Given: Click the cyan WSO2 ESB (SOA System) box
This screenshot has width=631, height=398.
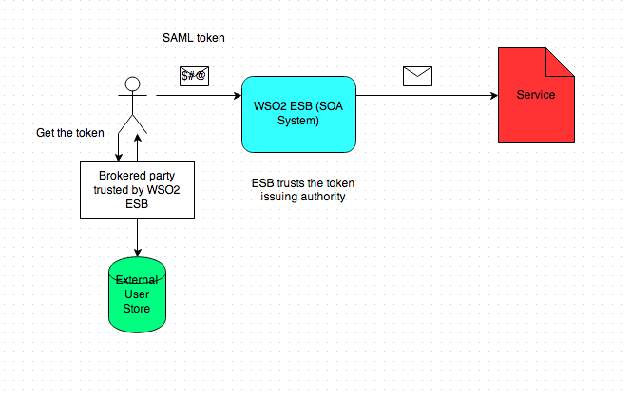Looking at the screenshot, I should coord(299,113).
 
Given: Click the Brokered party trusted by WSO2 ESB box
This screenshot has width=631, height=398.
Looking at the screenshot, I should coord(138,189).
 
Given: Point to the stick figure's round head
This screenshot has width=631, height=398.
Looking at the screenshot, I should coord(132,84).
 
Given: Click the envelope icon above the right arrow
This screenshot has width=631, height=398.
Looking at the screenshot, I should coord(418,77).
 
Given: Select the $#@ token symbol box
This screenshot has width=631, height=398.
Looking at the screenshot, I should coord(194,77).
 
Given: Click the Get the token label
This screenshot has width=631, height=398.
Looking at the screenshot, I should coord(70,132).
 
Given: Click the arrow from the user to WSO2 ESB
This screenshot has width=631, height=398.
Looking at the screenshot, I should coord(195,96).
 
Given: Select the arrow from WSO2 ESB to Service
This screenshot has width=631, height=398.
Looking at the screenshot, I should coord(428,96).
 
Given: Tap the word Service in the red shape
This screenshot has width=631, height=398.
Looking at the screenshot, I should coord(536,96).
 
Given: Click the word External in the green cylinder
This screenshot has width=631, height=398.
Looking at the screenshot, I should coord(139,280).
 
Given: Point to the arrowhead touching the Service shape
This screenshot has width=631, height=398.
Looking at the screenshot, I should coord(494,96).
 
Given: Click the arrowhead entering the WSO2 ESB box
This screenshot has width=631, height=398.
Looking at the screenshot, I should coord(236,96).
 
